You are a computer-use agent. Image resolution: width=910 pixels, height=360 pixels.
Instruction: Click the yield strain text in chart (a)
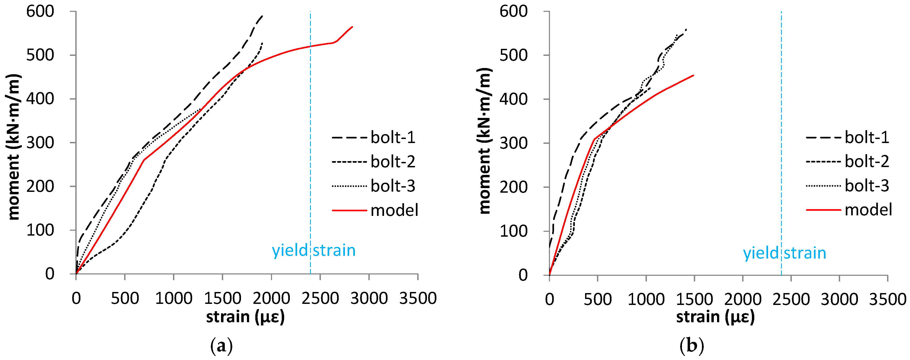click(x=313, y=250)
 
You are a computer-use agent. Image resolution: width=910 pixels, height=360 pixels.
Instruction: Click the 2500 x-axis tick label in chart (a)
click(x=320, y=298)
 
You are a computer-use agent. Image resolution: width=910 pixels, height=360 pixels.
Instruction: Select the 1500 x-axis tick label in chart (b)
click(x=694, y=300)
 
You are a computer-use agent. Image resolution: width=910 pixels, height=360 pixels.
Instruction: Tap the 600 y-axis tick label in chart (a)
click(x=40, y=11)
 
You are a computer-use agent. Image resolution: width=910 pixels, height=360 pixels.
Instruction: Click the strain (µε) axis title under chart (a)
click(x=245, y=317)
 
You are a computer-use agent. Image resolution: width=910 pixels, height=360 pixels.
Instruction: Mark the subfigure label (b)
click(x=691, y=345)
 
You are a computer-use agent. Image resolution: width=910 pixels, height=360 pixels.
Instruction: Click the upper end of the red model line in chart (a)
click(x=352, y=27)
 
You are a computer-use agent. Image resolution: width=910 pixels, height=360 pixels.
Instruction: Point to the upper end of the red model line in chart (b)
click(x=694, y=75)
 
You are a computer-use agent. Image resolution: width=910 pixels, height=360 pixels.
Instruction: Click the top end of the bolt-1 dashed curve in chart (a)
click(x=262, y=16)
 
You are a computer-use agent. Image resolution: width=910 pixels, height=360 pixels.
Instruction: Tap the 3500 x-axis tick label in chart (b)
click(x=887, y=300)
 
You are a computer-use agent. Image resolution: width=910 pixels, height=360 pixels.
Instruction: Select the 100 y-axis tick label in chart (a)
click(x=40, y=230)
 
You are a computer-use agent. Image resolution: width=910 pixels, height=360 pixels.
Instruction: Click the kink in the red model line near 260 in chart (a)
click(x=144, y=160)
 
